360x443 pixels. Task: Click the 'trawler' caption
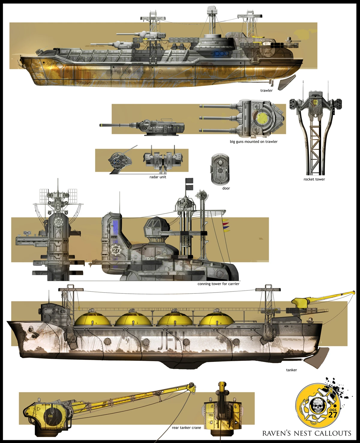266,91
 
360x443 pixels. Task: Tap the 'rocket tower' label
314,179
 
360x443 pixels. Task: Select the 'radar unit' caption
158,177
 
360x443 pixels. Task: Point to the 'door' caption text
226,188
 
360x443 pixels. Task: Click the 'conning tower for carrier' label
218,284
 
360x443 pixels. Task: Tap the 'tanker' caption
291,370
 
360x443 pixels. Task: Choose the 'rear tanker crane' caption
186,428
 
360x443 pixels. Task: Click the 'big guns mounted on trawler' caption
253,141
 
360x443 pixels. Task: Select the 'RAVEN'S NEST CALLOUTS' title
307,433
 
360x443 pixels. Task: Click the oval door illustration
220,170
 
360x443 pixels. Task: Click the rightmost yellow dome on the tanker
216,319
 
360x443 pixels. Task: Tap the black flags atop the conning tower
189,183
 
